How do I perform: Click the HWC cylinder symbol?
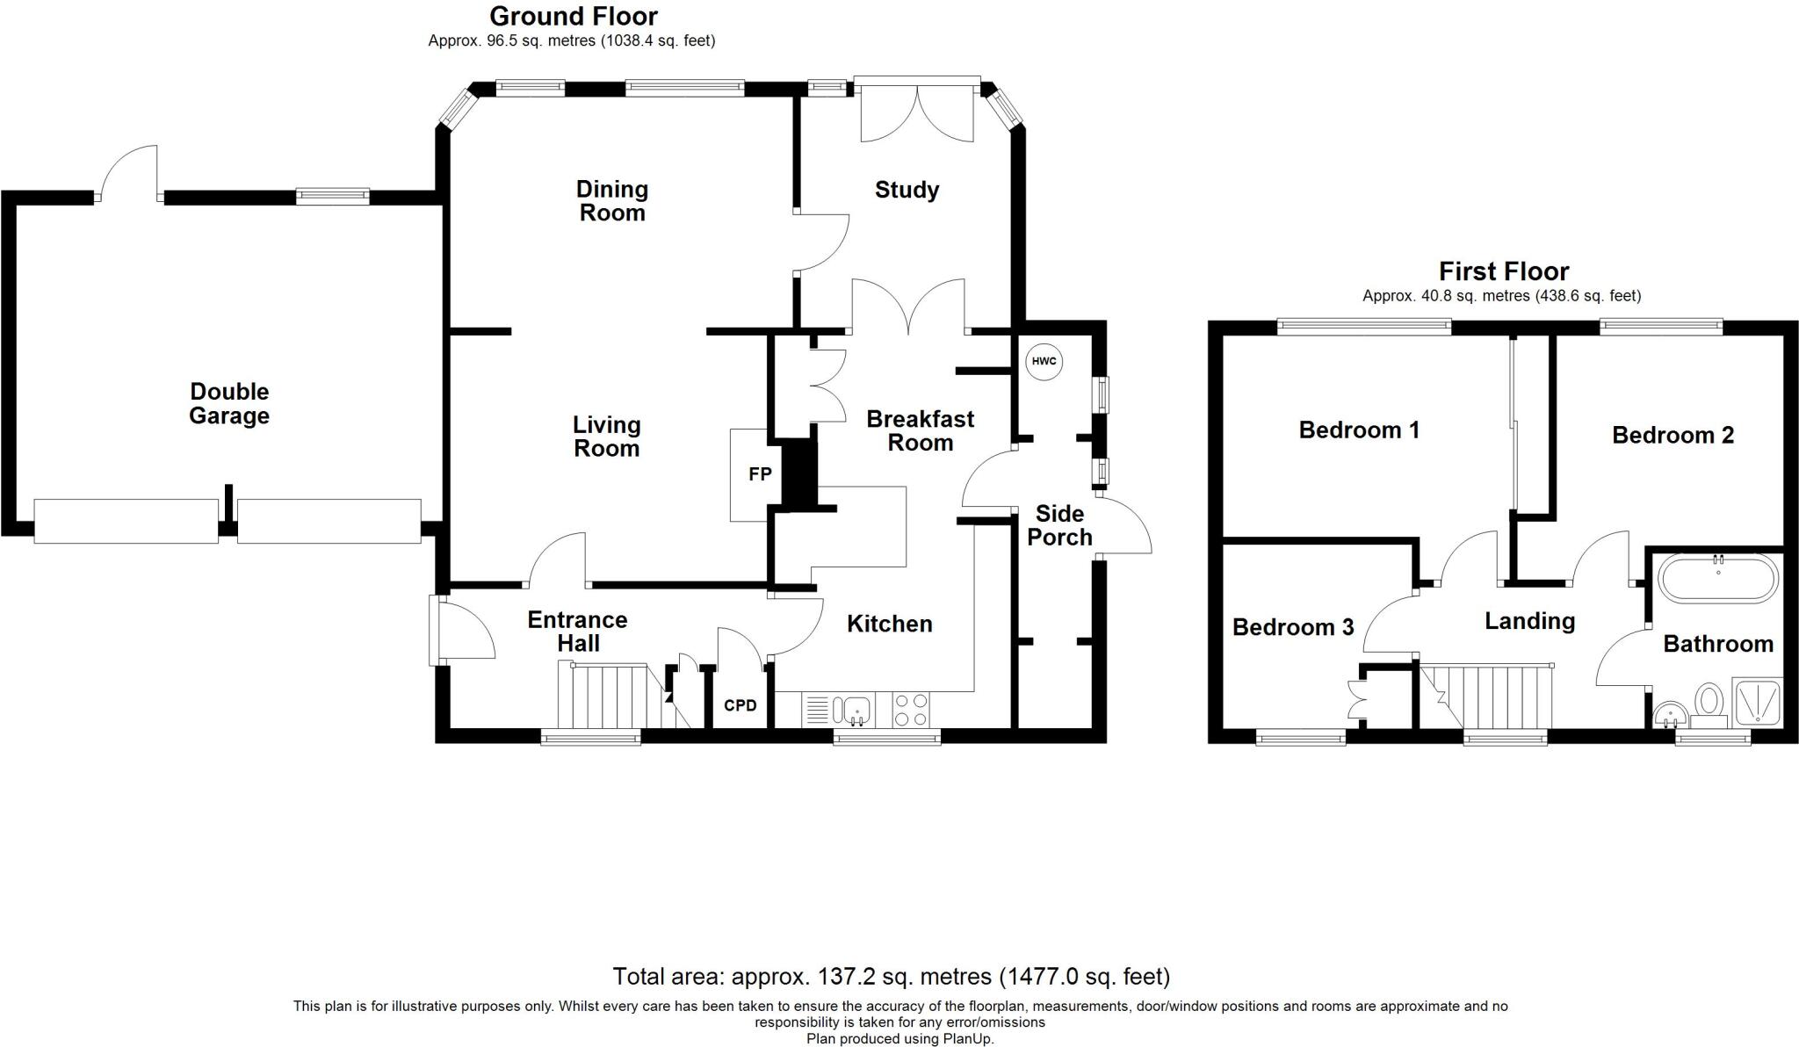click(1044, 362)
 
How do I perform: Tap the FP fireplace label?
click(760, 474)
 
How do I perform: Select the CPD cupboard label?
click(741, 705)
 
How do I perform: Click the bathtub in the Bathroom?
click(1717, 578)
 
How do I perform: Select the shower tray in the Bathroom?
click(1756, 703)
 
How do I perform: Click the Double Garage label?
click(229, 404)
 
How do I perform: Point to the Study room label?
click(907, 190)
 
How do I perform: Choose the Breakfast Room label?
click(921, 430)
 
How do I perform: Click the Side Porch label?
click(1059, 525)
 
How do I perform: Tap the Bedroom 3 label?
click(1293, 627)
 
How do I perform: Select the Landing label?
click(1530, 622)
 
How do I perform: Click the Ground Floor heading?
click(574, 16)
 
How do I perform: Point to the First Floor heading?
click(1504, 271)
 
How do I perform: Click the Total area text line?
click(891, 976)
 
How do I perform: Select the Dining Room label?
click(612, 201)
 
